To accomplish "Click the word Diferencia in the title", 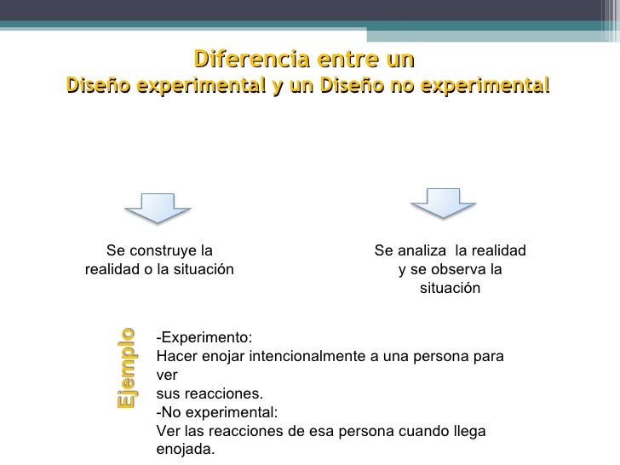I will point(244,60).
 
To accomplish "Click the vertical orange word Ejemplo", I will point(126,367).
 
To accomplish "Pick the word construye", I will point(163,250).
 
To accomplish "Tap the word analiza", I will point(425,250).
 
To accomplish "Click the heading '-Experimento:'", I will point(204,336).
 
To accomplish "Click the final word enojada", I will point(187,449).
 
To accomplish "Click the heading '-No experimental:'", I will point(217,412).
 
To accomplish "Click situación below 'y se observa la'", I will point(450,289).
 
